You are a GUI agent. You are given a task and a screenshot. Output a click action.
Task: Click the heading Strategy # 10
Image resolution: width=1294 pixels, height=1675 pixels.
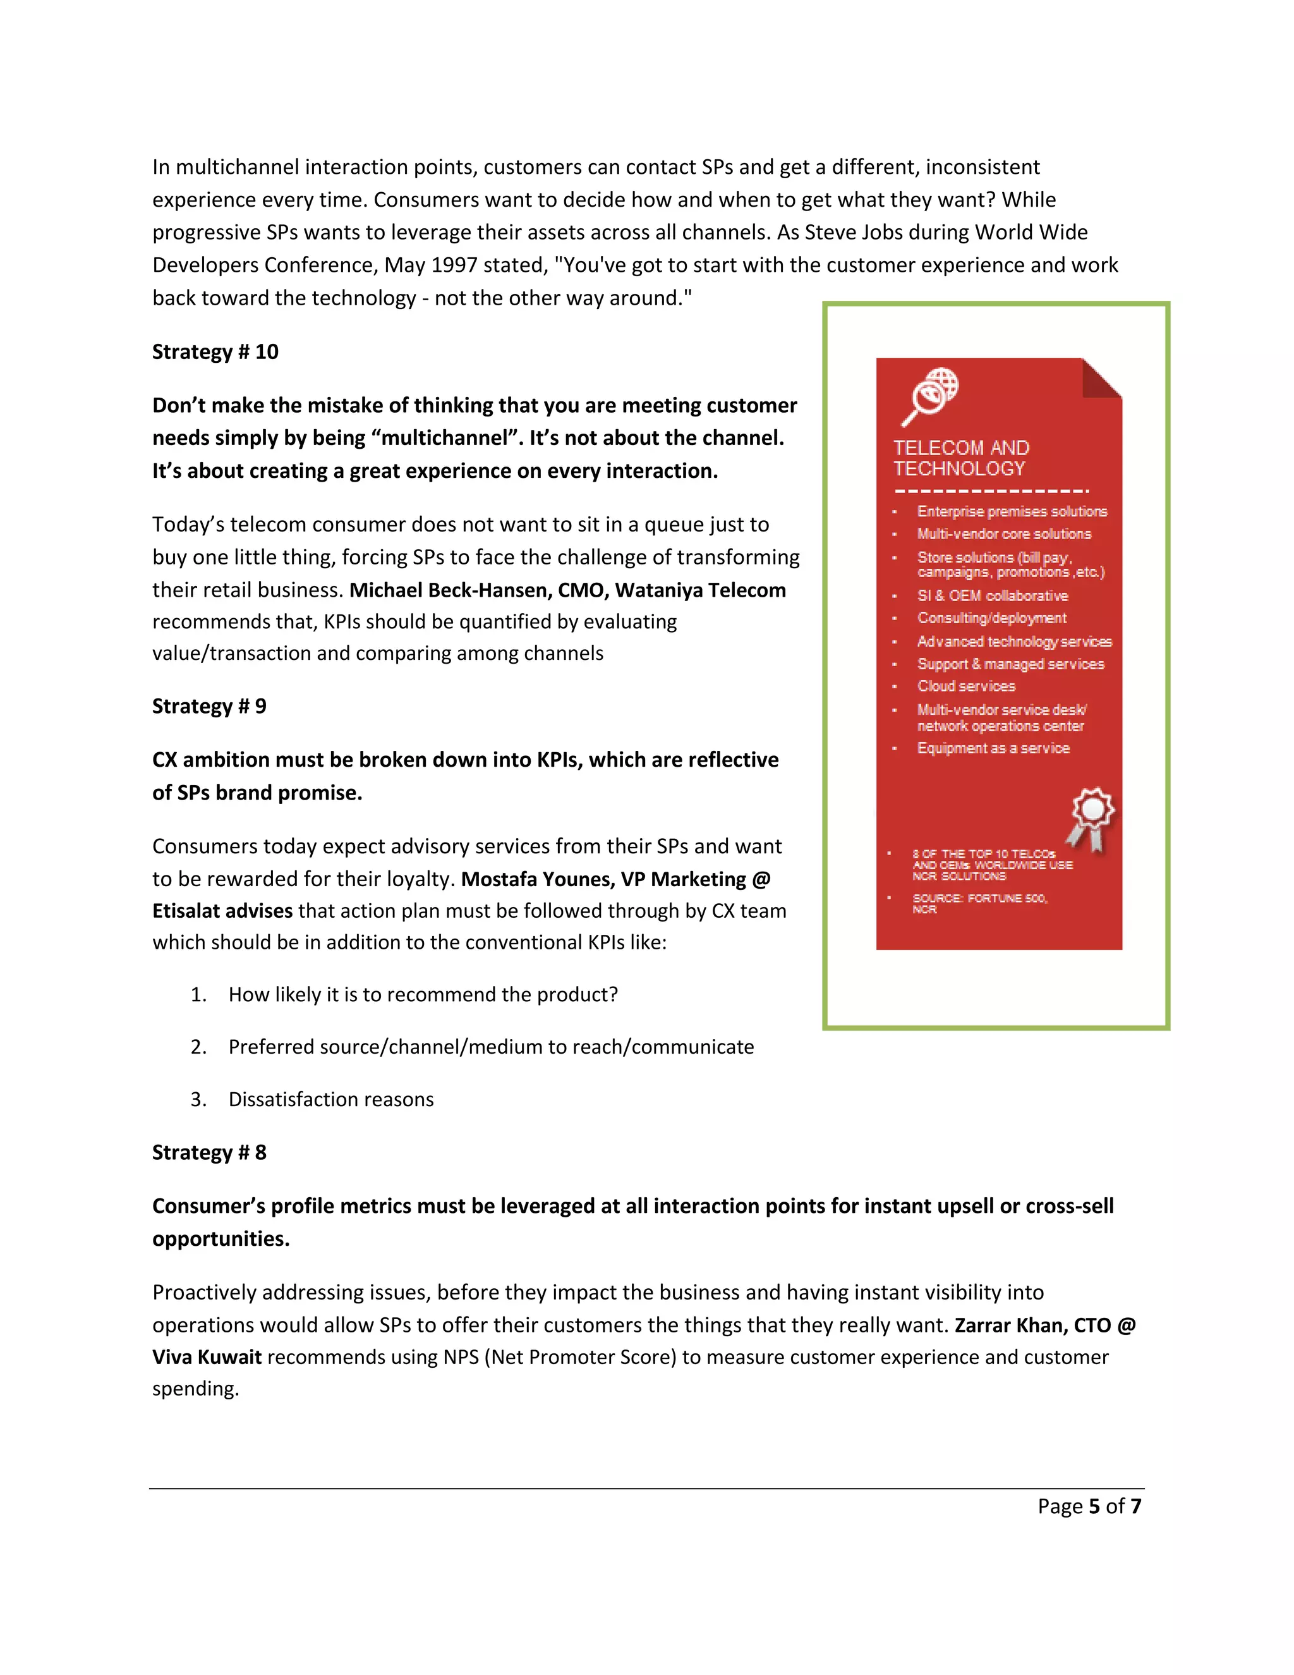pyautogui.click(x=215, y=352)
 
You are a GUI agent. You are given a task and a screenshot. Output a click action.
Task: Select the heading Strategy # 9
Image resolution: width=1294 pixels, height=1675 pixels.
pyautogui.click(x=209, y=707)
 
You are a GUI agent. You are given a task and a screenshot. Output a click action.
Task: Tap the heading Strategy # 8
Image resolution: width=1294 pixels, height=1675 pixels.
pyautogui.click(x=209, y=1153)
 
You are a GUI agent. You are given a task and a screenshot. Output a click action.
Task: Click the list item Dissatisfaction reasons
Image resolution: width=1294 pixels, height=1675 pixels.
pyautogui.click(x=330, y=1100)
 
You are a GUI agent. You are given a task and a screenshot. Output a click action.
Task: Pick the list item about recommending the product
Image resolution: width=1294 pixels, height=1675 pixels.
pyautogui.click(x=423, y=995)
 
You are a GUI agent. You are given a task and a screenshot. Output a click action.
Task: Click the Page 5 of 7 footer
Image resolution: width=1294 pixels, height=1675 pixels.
pyautogui.click(x=1089, y=1506)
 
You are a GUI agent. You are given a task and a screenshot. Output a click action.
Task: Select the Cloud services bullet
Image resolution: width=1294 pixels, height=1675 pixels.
pyautogui.click(x=966, y=686)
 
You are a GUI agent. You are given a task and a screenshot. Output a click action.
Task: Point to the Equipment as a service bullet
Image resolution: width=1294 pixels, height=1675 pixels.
pyautogui.click(x=993, y=748)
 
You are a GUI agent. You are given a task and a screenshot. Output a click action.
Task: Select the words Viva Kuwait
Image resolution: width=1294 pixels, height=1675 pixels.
pyautogui.click(x=207, y=1358)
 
